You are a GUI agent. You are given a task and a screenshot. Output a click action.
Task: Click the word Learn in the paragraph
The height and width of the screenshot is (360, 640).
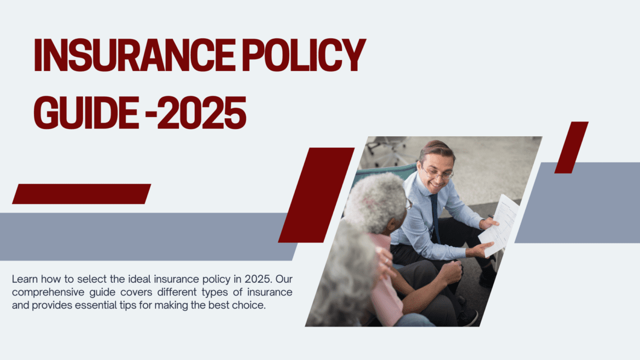(24, 279)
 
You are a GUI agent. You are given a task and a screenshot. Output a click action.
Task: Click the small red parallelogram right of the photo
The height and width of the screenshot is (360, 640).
(571, 147)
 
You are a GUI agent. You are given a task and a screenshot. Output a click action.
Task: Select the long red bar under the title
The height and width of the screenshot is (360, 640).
(81, 194)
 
